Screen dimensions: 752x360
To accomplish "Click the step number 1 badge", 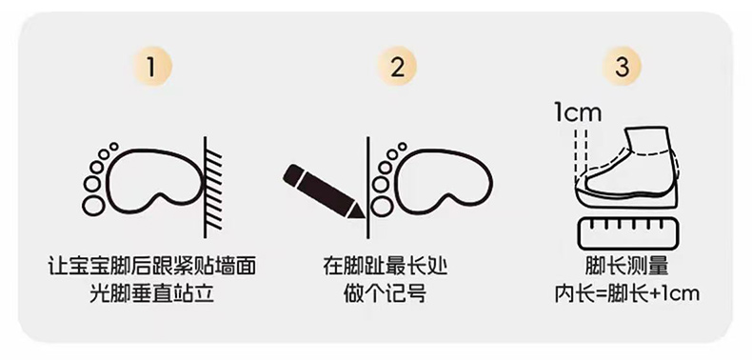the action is pyautogui.click(x=151, y=68).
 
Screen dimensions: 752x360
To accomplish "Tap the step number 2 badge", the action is pyautogui.click(x=397, y=68).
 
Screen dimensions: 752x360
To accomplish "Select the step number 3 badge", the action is pyautogui.click(x=622, y=68).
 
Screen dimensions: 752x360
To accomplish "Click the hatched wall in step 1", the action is pyautogui.click(x=213, y=188).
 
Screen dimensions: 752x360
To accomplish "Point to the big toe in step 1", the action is pyautogui.click(x=92, y=206).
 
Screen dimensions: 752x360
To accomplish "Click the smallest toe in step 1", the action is pyautogui.click(x=113, y=147).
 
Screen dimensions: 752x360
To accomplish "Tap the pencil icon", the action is pyautogui.click(x=324, y=191).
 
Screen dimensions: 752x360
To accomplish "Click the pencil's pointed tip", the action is pyautogui.click(x=363, y=218).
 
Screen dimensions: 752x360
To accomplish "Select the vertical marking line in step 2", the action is pyautogui.click(x=367, y=188).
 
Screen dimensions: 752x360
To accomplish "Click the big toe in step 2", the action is pyautogui.click(x=382, y=206).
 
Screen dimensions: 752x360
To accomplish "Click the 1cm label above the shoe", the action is pyautogui.click(x=578, y=112).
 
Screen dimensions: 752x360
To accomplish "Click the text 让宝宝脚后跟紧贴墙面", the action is pyautogui.click(x=151, y=267).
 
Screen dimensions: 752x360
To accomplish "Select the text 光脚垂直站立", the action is pyautogui.click(x=151, y=293).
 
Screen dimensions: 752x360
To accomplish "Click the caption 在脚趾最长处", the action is pyautogui.click(x=386, y=267).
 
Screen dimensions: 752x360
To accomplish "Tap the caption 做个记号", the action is pyautogui.click(x=385, y=293).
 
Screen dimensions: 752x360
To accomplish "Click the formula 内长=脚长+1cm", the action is pyautogui.click(x=627, y=293).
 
